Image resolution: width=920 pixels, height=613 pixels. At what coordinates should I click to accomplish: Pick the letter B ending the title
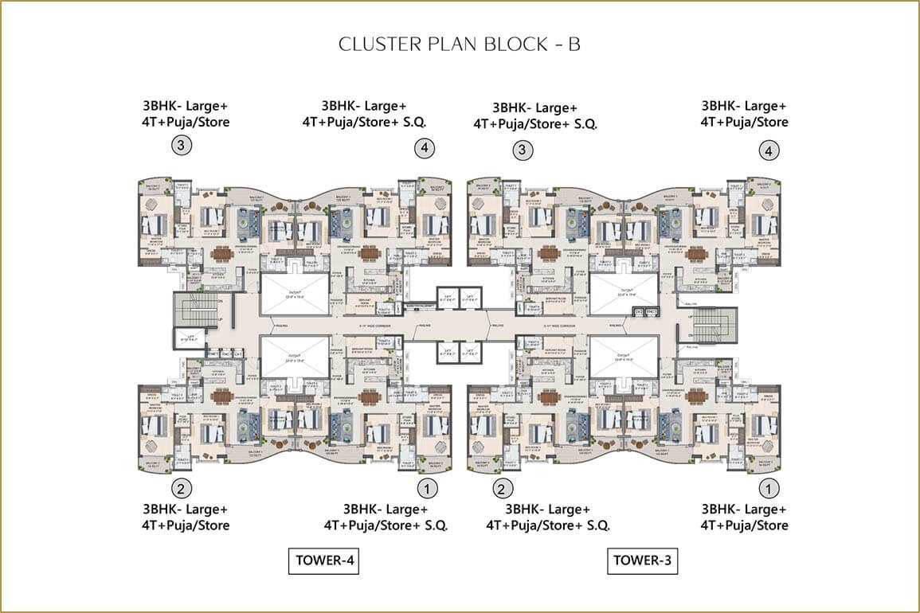[x=574, y=44]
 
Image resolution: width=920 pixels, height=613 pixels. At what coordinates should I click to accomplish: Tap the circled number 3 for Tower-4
[x=182, y=146]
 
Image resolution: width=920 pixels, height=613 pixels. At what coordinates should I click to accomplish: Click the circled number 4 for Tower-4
[x=425, y=148]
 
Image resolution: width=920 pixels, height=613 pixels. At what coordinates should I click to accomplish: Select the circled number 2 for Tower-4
[x=182, y=487]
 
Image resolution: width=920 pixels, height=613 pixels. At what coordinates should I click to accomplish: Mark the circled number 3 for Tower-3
[x=523, y=149]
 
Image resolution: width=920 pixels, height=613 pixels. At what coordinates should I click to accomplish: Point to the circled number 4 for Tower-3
[x=769, y=150]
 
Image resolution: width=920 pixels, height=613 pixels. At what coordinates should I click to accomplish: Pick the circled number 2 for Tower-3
[x=502, y=488]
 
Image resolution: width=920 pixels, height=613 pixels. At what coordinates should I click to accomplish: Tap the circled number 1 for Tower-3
[x=769, y=487]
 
